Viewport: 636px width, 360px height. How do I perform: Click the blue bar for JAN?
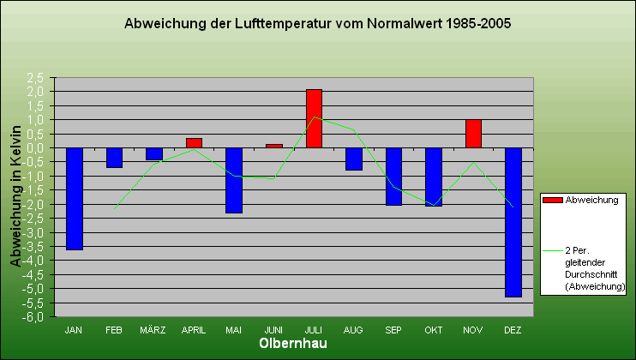[x=75, y=198]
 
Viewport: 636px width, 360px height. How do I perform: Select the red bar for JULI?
[x=314, y=118]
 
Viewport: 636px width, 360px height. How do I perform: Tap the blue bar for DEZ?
[x=513, y=222]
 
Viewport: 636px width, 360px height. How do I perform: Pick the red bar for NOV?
[x=473, y=134]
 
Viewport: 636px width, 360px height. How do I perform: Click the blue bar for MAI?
[x=234, y=180]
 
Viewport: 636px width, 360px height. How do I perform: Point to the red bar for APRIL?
[x=194, y=143]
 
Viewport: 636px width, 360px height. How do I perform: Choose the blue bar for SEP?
[x=393, y=176]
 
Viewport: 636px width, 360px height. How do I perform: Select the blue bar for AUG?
[x=354, y=159]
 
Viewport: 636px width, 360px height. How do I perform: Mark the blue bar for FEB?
[x=114, y=158]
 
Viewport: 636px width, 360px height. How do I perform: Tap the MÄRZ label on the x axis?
[x=153, y=329]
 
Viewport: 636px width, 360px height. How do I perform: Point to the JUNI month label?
[x=273, y=329]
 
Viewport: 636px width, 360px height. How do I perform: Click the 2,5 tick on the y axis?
[x=35, y=77]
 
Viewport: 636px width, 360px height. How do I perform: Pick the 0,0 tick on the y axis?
[x=35, y=147]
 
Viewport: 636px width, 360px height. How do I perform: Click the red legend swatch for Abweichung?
[x=553, y=200]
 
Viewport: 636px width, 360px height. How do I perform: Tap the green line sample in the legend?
[x=553, y=250]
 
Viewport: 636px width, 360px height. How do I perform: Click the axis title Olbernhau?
[x=293, y=344]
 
